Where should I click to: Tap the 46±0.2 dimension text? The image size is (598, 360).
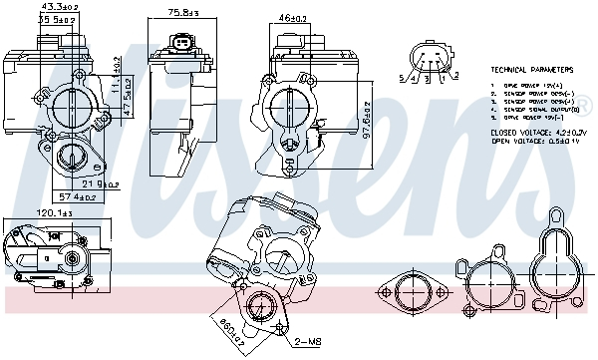[291, 17]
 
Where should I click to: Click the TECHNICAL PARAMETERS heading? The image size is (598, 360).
[532, 71]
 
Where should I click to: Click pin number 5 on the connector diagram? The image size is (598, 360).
[401, 77]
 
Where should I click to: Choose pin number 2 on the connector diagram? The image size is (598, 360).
[455, 75]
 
